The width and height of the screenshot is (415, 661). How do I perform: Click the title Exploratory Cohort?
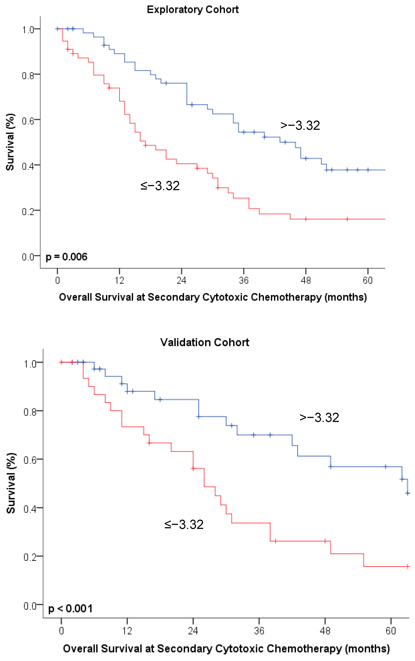tap(193, 10)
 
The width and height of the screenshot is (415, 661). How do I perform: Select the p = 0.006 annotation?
tap(66, 257)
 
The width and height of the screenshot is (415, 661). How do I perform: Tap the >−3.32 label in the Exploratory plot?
tap(300, 126)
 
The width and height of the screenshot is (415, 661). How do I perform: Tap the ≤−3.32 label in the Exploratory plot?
tap(160, 186)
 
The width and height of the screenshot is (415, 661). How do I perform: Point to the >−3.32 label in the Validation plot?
tap(319, 417)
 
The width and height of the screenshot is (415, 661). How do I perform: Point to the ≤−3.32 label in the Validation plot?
tap(184, 525)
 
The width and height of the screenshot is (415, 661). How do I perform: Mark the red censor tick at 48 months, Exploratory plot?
tap(306, 219)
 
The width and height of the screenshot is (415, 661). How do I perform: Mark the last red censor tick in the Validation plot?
tap(408, 566)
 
